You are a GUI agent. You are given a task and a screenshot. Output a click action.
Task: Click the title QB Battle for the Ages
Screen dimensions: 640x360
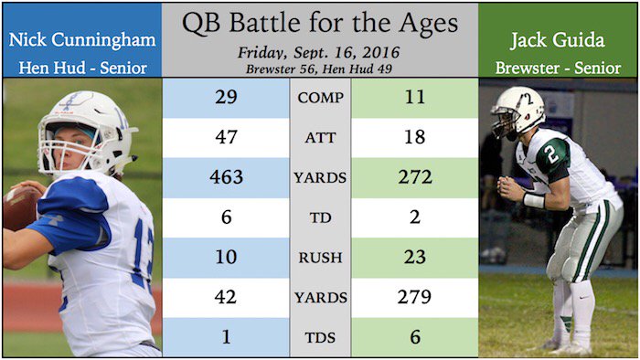tap(320, 24)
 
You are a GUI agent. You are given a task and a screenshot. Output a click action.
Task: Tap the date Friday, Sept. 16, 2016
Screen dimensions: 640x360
tap(319, 53)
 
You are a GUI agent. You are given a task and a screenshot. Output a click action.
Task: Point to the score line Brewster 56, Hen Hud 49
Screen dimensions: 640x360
tap(319, 69)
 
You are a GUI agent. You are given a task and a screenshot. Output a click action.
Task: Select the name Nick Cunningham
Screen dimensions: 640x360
tap(82, 41)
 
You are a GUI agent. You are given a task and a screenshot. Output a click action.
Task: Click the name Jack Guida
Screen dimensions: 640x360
tap(558, 40)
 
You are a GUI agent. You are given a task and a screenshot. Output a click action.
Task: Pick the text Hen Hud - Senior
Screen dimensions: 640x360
tap(83, 68)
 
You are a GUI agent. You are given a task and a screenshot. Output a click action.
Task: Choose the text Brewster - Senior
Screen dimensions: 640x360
tap(558, 68)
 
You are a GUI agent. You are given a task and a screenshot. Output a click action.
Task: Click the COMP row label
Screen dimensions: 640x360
tap(320, 98)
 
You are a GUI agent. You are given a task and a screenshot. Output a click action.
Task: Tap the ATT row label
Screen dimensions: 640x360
tap(320, 138)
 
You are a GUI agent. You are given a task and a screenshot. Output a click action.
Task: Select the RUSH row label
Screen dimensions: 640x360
tap(320, 258)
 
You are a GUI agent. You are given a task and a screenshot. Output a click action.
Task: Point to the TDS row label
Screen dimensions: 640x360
tap(320, 337)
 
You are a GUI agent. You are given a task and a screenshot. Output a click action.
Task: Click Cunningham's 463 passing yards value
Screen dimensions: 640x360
tap(226, 177)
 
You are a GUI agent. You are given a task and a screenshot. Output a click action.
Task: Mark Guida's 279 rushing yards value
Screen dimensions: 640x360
tap(415, 297)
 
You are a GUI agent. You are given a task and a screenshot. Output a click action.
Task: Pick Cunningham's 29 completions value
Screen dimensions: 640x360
tap(226, 98)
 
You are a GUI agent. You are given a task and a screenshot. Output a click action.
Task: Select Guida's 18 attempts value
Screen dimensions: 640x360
tap(415, 137)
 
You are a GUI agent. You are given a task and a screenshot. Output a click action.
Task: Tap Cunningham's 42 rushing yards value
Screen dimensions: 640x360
tap(226, 297)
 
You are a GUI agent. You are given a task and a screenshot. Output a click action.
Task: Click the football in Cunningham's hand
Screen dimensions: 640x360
tap(18, 207)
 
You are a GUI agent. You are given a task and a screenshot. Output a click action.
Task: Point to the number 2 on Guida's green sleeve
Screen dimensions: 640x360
tap(552, 154)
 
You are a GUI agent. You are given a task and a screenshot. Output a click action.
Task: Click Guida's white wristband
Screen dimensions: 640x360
tap(534, 200)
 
